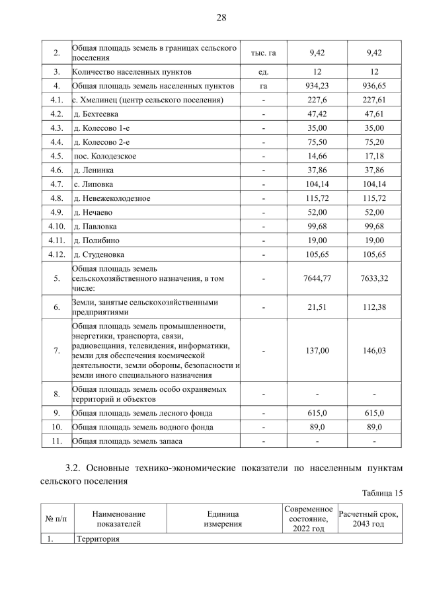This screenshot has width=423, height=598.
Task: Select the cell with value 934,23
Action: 319,85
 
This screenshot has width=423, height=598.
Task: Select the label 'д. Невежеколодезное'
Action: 112,198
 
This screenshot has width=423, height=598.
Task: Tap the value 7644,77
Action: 319,278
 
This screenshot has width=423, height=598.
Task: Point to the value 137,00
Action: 319,351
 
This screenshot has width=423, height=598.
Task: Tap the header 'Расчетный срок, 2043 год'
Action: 369,519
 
